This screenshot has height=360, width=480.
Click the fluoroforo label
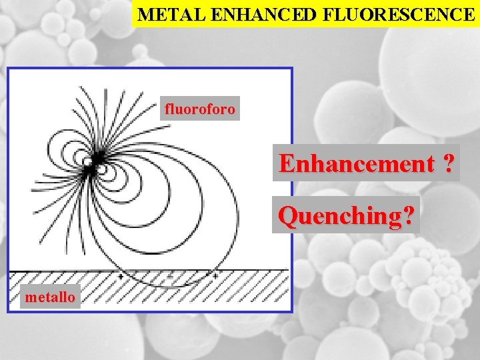[x=199, y=109]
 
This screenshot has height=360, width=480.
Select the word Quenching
[x=341, y=215]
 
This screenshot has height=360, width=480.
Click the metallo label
[x=49, y=297]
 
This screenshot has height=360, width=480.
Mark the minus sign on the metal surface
[x=171, y=274]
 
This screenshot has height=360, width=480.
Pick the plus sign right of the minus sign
[x=215, y=274]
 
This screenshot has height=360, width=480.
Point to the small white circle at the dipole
[x=87, y=161]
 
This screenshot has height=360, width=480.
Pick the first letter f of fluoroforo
[x=167, y=109]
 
